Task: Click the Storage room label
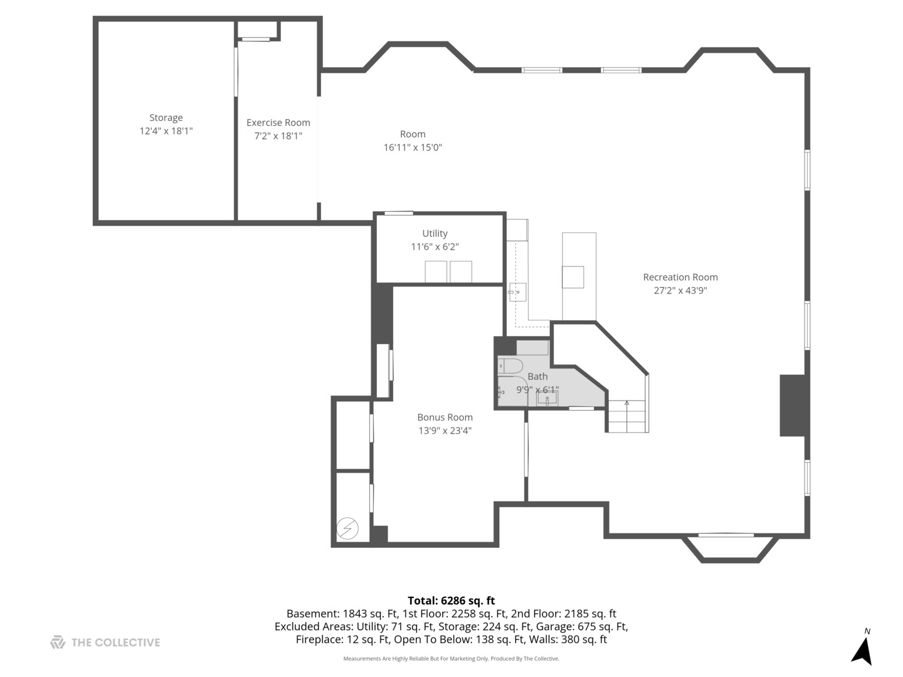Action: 166,118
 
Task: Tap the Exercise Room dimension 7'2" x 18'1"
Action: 278,136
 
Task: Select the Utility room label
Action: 435,233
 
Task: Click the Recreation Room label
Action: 680,277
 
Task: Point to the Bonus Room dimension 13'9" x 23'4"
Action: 445,431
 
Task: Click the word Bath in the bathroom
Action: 537,376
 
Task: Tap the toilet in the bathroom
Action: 510,365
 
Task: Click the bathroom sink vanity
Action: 547,398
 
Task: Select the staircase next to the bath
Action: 627,416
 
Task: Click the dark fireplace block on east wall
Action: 792,405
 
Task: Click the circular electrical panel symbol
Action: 347,528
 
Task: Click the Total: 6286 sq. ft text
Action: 451,601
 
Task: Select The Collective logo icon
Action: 58,642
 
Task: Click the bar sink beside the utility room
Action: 517,292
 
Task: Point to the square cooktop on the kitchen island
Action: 573,277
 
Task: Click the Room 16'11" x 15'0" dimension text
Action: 413,147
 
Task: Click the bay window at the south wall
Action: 726,547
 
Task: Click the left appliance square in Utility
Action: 436,272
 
